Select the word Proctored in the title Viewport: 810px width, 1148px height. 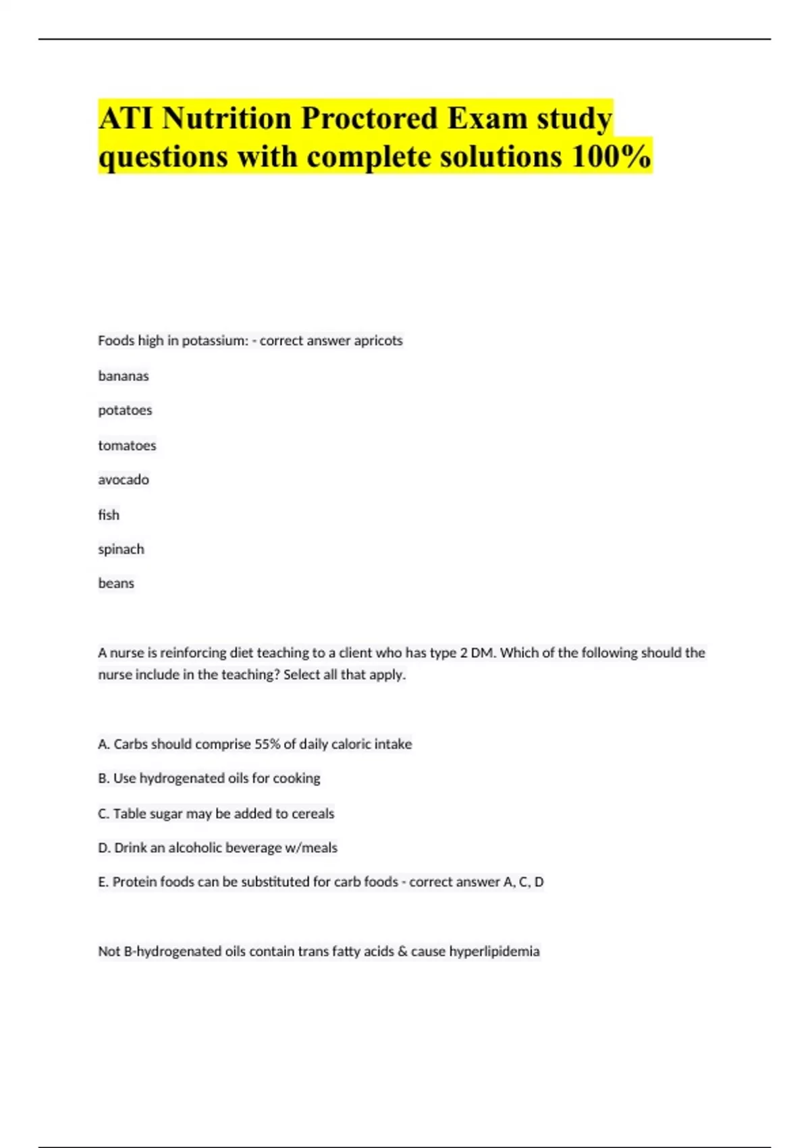tap(369, 119)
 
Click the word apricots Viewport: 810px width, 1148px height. tap(378, 340)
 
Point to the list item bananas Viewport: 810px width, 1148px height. tap(124, 376)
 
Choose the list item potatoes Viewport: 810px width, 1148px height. tap(125, 411)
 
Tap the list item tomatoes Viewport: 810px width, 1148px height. tap(127, 446)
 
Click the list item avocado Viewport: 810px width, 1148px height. tap(124, 479)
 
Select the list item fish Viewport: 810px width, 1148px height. tap(109, 515)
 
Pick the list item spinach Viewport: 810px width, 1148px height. tap(121, 549)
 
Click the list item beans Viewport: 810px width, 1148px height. tap(116, 583)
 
